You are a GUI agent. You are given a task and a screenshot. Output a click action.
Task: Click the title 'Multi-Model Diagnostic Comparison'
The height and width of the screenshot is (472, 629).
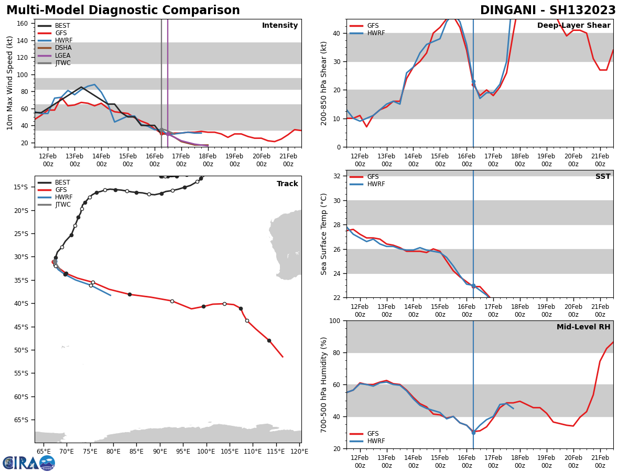click(x=123, y=10)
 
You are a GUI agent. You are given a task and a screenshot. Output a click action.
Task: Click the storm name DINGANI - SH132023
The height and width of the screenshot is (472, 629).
click(x=548, y=10)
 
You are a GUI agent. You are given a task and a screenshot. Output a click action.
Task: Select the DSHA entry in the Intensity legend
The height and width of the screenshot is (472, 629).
click(x=63, y=48)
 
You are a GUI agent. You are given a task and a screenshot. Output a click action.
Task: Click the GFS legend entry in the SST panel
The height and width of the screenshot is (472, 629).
click(x=373, y=177)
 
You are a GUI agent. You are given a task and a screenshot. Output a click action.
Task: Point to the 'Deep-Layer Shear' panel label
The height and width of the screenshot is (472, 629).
click(x=573, y=26)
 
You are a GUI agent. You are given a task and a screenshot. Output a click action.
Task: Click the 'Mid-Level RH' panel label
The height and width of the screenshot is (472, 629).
click(x=583, y=327)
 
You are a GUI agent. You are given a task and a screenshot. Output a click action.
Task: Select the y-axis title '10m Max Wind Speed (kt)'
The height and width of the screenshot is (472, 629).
click(x=10, y=83)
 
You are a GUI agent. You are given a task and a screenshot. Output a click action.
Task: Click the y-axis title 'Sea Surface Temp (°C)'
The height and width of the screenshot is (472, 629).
click(x=324, y=234)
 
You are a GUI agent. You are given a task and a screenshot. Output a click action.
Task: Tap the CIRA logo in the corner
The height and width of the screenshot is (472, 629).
click(x=29, y=463)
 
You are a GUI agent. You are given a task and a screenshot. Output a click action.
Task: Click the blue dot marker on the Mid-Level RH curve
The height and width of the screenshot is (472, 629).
click(x=473, y=433)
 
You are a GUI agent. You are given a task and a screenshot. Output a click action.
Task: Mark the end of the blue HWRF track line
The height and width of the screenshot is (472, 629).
click(x=111, y=295)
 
